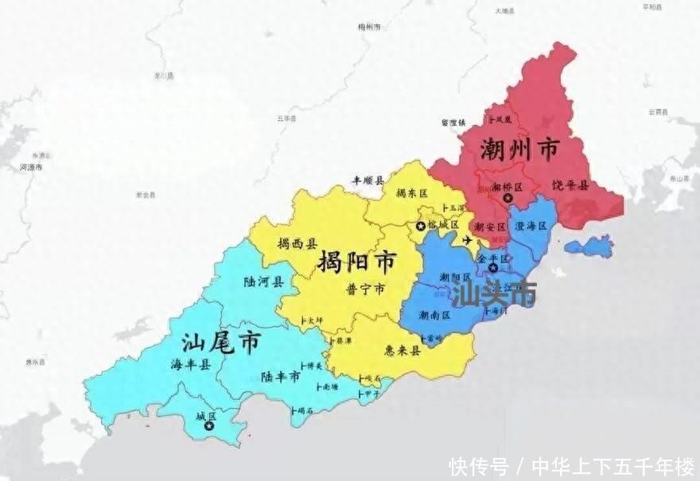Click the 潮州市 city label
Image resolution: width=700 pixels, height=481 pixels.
click(519, 149)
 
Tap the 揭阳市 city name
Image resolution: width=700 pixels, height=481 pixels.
click(357, 262)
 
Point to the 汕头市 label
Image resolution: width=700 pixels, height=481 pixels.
click(493, 293)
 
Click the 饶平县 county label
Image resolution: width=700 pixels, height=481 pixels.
click(570, 185)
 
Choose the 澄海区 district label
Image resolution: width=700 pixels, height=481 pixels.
click(531, 227)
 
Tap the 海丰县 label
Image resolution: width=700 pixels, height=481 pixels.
click(191, 365)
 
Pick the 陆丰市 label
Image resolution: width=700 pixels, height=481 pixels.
click(280, 376)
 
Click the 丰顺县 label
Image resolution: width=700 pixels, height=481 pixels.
click(368, 181)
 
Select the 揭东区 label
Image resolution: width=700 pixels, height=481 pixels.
click(412, 194)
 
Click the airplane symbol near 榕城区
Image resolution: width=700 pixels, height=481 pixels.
click(467, 239)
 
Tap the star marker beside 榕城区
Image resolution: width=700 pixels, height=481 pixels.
click(419, 226)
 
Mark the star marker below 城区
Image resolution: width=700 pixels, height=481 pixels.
click(209, 427)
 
